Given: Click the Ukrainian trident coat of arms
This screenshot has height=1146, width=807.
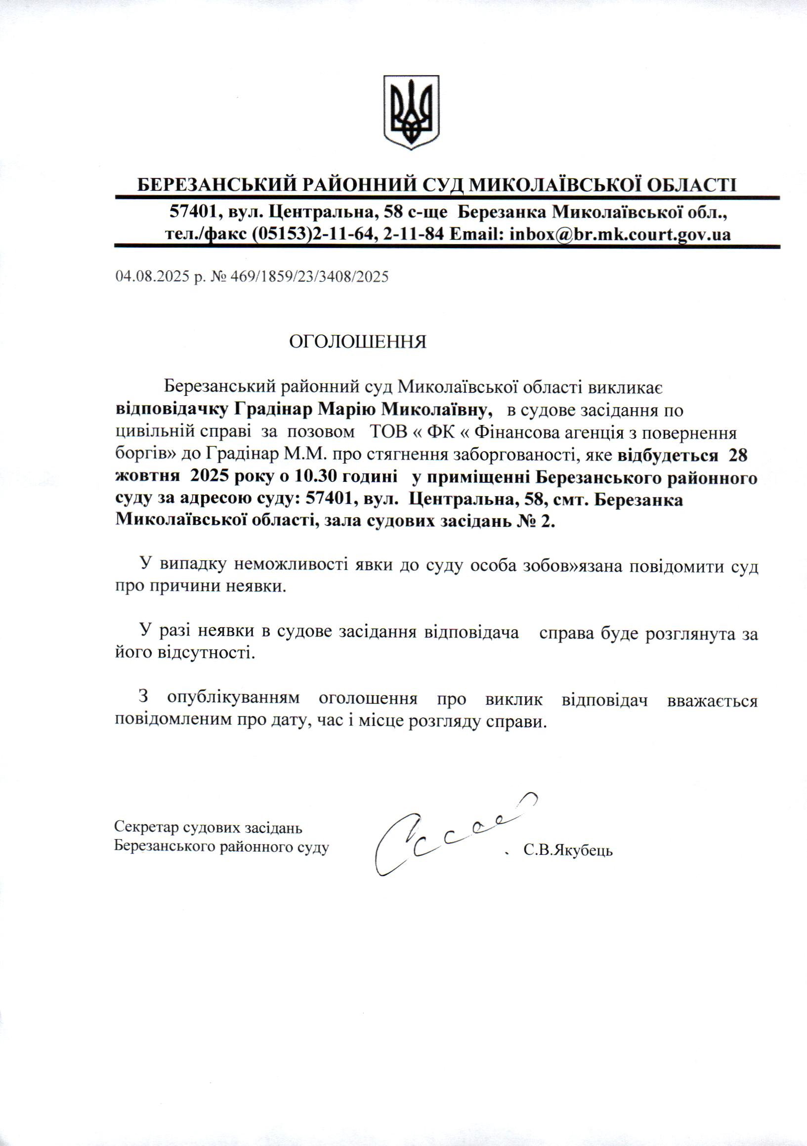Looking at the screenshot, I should click(x=411, y=112).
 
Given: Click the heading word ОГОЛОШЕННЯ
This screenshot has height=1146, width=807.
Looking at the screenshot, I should click(x=358, y=342).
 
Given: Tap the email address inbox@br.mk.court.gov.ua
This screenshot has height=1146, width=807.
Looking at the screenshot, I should click(x=620, y=234).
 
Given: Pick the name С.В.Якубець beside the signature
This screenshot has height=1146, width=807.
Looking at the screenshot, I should click(x=568, y=850).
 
